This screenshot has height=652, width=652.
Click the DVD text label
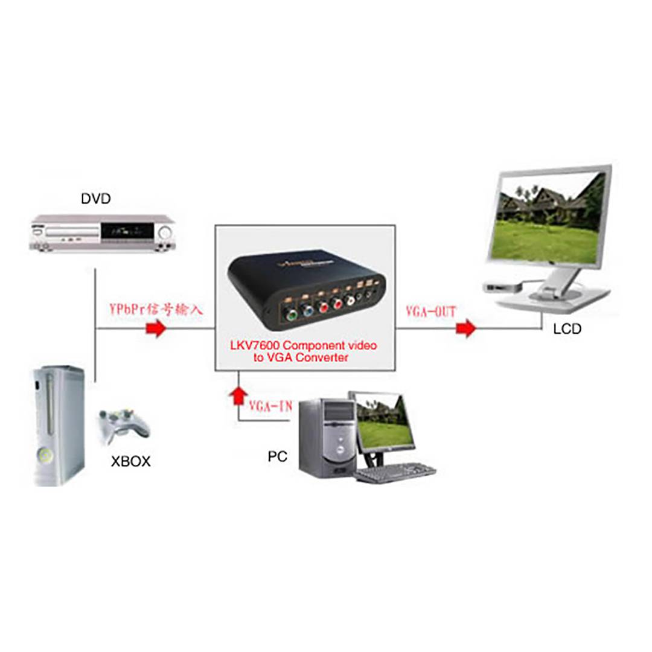coord(96,198)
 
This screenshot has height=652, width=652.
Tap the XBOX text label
coord(130,462)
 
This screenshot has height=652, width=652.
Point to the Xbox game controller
coord(125,423)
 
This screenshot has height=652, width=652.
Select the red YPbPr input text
coord(156,310)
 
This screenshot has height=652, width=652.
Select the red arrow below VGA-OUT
coord(465,329)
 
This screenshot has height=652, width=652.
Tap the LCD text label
coord(567,330)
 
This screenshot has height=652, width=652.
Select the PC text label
coord(277,456)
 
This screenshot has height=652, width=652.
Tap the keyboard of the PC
coord(395,472)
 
